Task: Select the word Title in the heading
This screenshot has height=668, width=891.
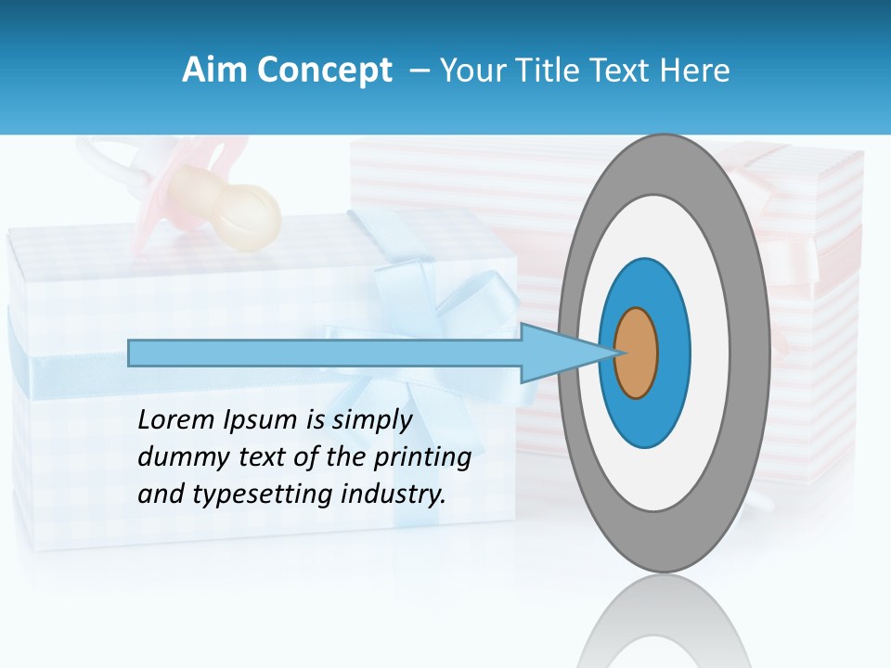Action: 542,70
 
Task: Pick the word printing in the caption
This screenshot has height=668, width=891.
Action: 423,458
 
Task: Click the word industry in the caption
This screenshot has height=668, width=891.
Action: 393,495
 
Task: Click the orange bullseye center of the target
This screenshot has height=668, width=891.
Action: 637,353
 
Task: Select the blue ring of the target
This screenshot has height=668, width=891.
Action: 672,353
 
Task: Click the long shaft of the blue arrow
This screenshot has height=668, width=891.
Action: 325,353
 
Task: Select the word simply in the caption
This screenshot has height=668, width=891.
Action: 371,421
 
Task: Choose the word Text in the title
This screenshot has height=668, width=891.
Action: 620,70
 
